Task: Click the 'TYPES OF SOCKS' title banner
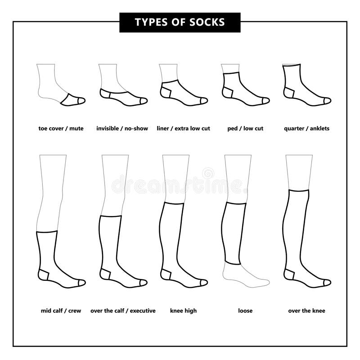pyautogui.click(x=180, y=22)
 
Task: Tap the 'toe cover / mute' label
pyautogui.click(x=61, y=129)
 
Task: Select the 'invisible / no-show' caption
pyautogui.click(x=122, y=129)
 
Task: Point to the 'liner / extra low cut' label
pyautogui.click(x=183, y=129)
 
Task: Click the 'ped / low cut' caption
pyautogui.click(x=245, y=129)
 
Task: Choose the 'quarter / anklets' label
pyautogui.click(x=306, y=129)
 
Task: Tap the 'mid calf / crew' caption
pyautogui.click(x=61, y=311)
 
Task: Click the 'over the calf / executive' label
pyautogui.click(x=123, y=311)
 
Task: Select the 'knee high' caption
pyautogui.click(x=183, y=311)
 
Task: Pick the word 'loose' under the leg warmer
pyautogui.click(x=245, y=311)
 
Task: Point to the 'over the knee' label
pyautogui.click(x=306, y=311)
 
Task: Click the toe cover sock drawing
pyautogui.click(x=72, y=100)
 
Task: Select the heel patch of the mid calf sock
pyautogui.click(x=44, y=275)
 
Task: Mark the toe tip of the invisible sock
pyautogui.click(x=143, y=101)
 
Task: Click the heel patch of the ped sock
pyautogui.click(x=227, y=93)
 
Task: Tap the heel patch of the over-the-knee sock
pyautogui.click(x=289, y=275)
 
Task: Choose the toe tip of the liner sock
pyautogui.click(x=205, y=101)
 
